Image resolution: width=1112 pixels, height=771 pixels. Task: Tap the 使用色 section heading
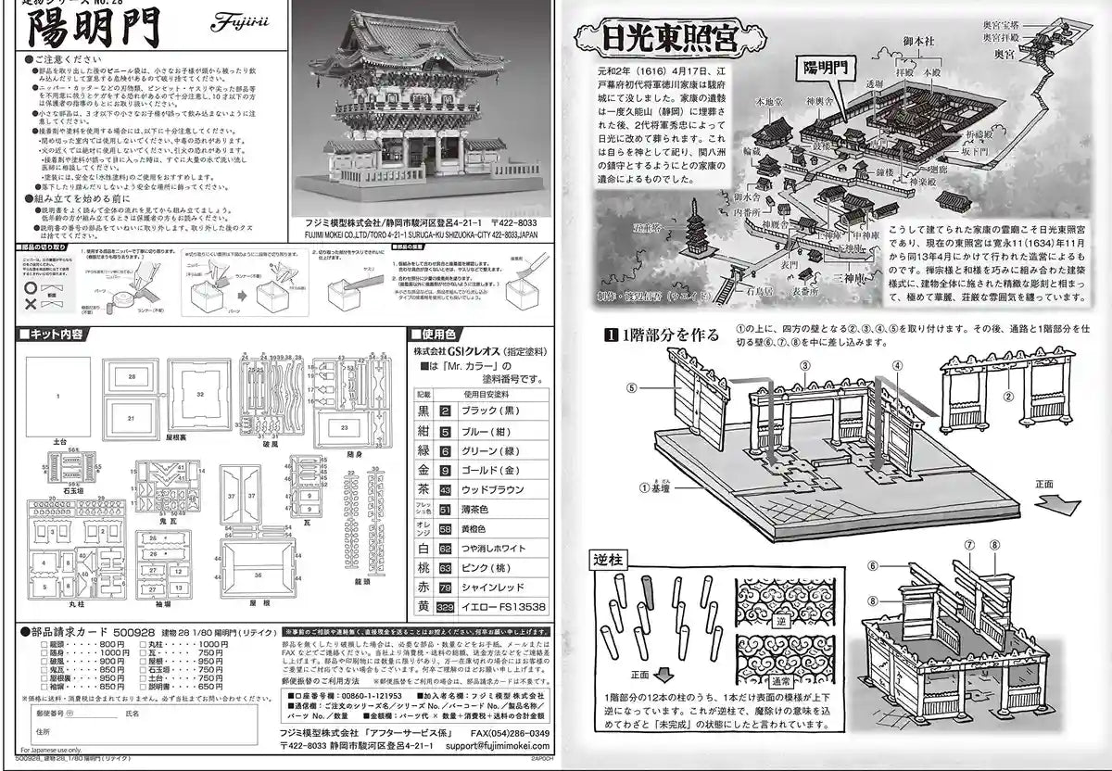(442, 334)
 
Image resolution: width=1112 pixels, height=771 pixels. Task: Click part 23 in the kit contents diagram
(344, 427)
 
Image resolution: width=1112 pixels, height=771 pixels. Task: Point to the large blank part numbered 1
(57, 396)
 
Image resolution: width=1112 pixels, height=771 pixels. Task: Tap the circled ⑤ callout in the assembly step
(631, 387)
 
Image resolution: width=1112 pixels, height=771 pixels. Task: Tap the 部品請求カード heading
(70, 630)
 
